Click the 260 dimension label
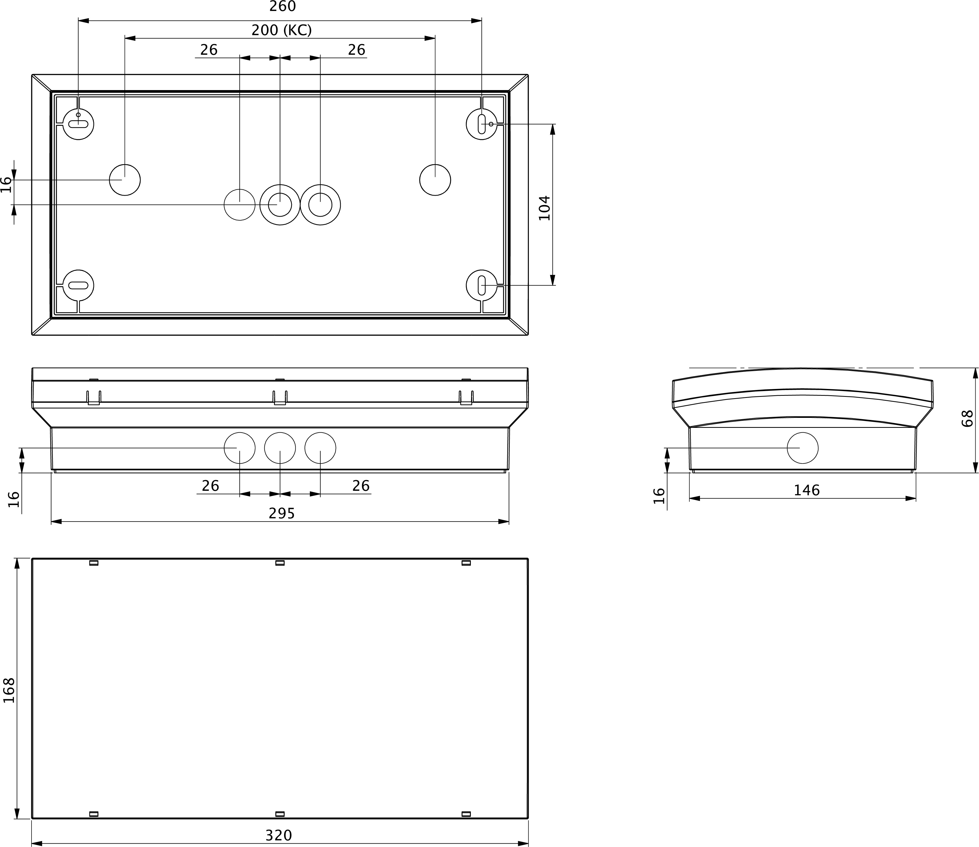(x=282, y=7)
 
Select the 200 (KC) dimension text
(x=281, y=30)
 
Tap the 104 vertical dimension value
(x=545, y=208)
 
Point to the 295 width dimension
(x=282, y=513)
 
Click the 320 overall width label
(x=279, y=835)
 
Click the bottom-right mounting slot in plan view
(x=481, y=285)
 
